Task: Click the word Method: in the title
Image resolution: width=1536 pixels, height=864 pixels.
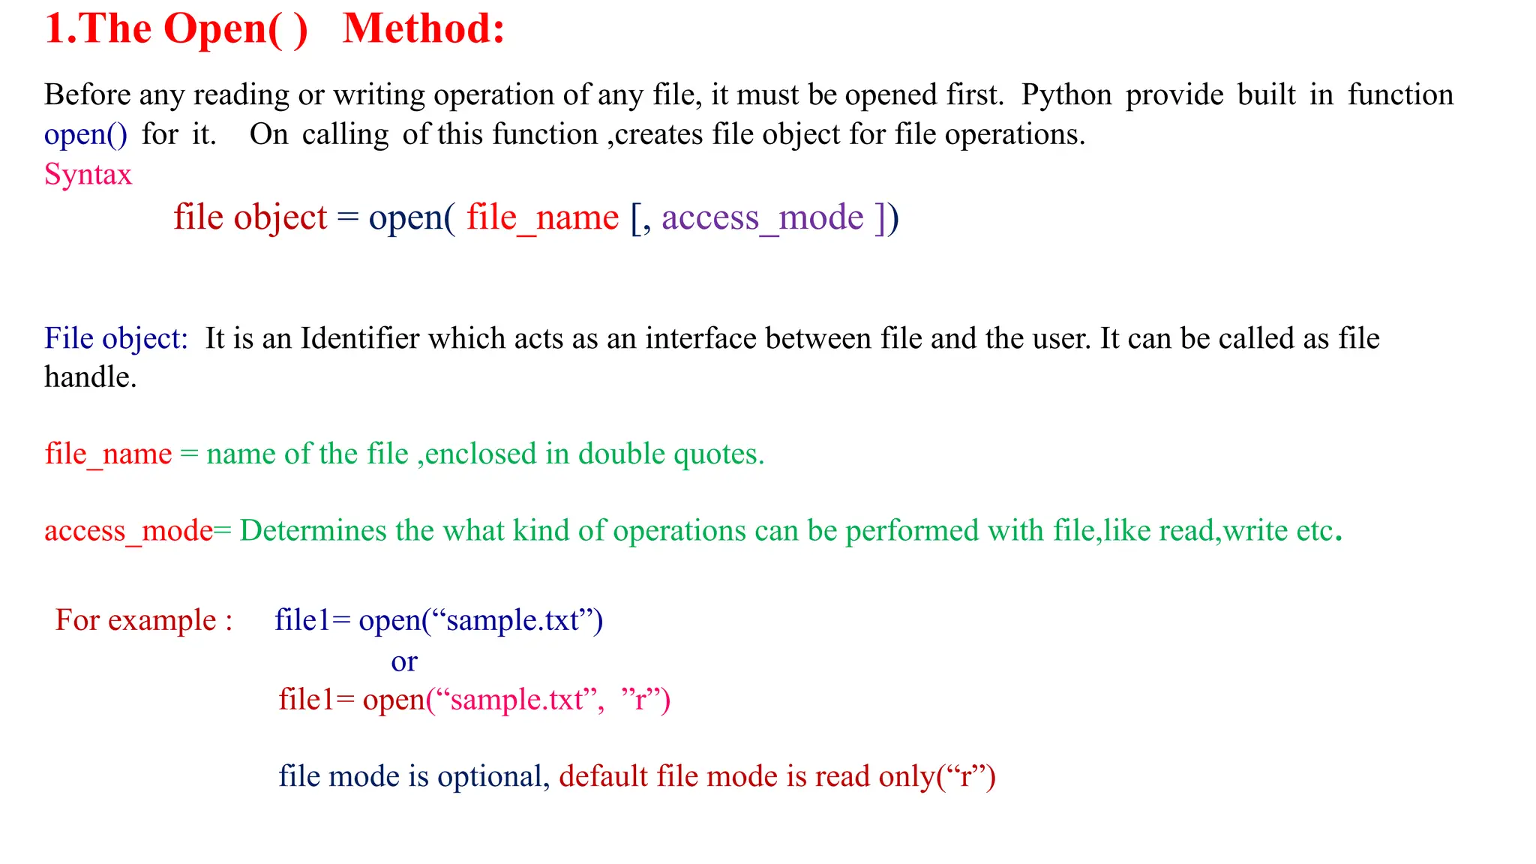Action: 424,30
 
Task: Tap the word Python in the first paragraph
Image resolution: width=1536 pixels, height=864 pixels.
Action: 1066,95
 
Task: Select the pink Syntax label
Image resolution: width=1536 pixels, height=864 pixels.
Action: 88,175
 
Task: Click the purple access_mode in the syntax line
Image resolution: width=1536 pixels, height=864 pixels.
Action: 762,217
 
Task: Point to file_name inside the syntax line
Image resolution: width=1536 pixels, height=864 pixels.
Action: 542,217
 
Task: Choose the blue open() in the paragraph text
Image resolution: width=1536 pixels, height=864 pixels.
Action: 85,135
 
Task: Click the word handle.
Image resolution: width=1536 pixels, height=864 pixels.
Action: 90,377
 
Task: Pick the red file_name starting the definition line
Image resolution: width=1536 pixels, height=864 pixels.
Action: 108,454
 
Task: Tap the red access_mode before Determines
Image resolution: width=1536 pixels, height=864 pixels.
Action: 128,531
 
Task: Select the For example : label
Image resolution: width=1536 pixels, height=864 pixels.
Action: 143,620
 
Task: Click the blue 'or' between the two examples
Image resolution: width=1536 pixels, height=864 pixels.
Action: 404,661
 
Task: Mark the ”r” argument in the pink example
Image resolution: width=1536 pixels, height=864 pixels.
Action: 639,700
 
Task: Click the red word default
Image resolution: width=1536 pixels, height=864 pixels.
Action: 603,776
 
